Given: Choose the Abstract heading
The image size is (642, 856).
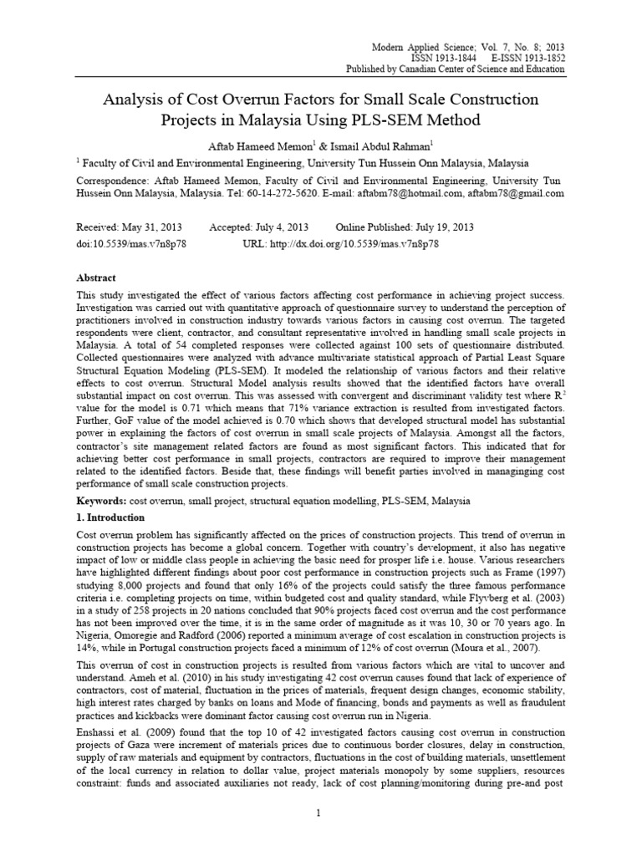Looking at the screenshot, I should pyautogui.click(x=96, y=278).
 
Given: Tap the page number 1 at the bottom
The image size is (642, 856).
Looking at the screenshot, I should pyautogui.click(x=321, y=813).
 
